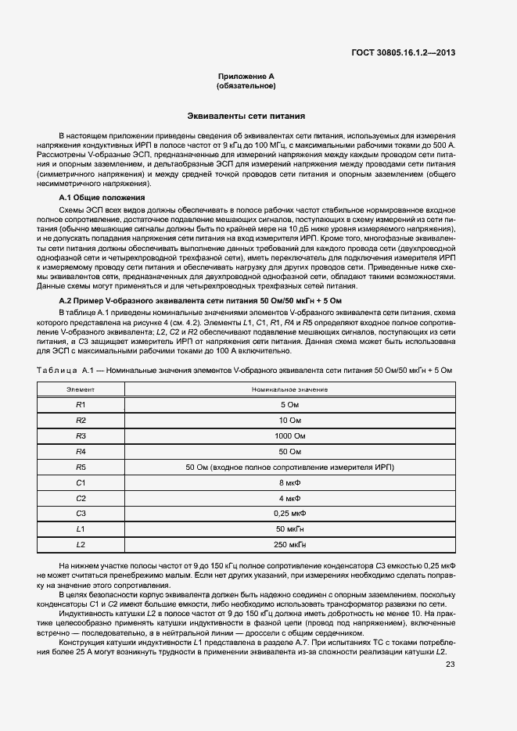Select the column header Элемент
click(x=80, y=389)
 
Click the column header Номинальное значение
click(x=289, y=389)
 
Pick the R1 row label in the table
click(x=80, y=404)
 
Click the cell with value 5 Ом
click(x=289, y=404)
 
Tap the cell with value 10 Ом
click(x=289, y=420)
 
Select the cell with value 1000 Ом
click(x=289, y=435)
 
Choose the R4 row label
click(x=80, y=451)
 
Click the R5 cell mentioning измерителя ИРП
click(x=289, y=467)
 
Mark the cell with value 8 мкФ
click(x=289, y=482)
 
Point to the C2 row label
click(x=80, y=498)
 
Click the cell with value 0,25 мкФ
click(x=289, y=514)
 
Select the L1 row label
click(x=80, y=529)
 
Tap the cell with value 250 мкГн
click(x=289, y=544)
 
